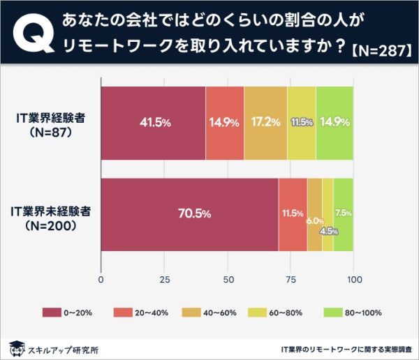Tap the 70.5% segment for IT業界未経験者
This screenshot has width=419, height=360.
[x=190, y=214]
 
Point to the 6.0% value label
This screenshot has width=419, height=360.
[x=314, y=220]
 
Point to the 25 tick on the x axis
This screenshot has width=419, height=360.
[x=165, y=280]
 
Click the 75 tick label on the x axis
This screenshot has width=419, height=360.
[x=291, y=280]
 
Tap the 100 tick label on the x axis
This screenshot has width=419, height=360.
[x=353, y=280]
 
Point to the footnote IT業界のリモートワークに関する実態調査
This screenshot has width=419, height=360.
[x=345, y=347]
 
